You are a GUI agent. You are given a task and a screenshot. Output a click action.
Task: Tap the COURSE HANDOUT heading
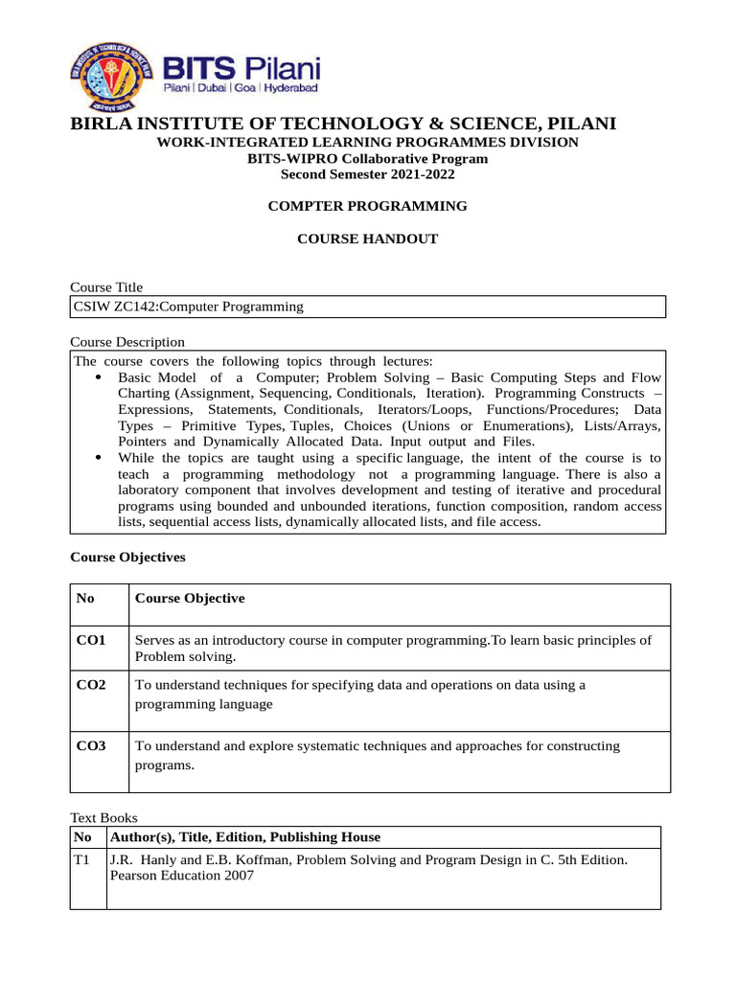(x=367, y=239)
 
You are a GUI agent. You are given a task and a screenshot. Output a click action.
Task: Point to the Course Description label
(x=127, y=342)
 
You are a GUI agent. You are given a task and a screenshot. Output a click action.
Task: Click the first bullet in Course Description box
(x=101, y=378)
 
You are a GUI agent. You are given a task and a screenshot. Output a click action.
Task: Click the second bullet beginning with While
(x=101, y=458)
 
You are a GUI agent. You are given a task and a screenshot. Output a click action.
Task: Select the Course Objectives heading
(x=128, y=557)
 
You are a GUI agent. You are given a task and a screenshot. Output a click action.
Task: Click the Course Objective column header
(x=190, y=598)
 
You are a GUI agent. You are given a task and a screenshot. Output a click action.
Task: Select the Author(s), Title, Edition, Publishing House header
(x=245, y=837)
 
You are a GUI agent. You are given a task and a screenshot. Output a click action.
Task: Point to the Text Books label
(x=104, y=818)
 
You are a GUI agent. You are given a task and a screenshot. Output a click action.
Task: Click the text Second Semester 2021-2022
(x=367, y=174)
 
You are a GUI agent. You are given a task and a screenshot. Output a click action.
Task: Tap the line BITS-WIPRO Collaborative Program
(x=367, y=158)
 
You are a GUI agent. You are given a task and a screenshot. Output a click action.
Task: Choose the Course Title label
(x=106, y=287)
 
